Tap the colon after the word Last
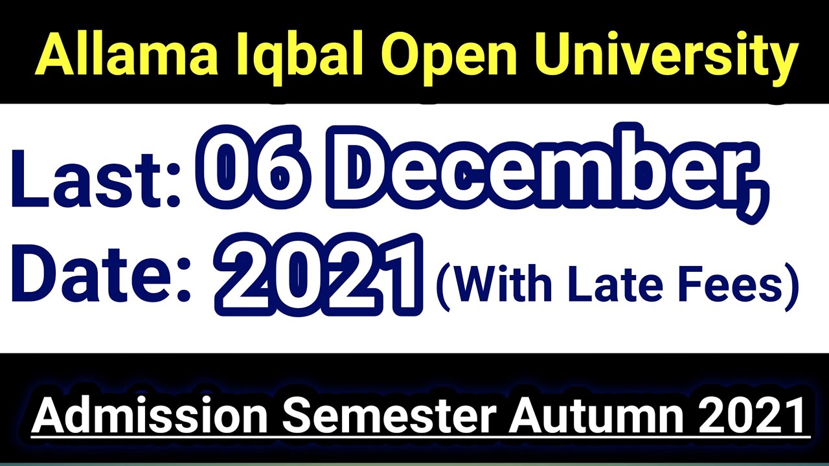tap(173, 188)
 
